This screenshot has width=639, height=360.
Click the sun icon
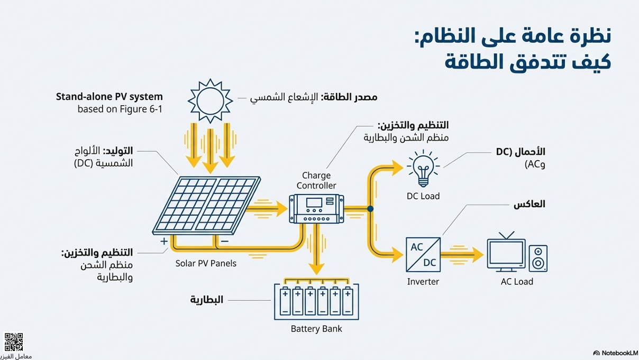pyautogui.click(x=210, y=100)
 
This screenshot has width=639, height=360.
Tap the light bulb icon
pyautogui.click(x=423, y=168)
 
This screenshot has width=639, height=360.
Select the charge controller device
pyautogui.click(x=316, y=209)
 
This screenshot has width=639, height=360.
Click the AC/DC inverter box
pyautogui.click(x=423, y=255)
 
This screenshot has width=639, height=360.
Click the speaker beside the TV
pyautogui.click(x=538, y=259)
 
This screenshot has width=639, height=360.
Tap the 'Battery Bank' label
pyautogui.click(x=316, y=329)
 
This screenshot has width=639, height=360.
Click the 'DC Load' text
pyautogui.click(x=423, y=196)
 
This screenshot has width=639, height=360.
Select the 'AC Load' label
pyautogui.click(x=517, y=282)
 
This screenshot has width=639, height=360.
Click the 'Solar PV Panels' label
pyautogui.click(x=206, y=263)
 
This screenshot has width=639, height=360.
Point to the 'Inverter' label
pyautogui.click(x=423, y=282)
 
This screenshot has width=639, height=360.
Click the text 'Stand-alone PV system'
pyautogui.click(x=109, y=97)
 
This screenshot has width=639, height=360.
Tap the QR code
pyautogui.click(x=14, y=342)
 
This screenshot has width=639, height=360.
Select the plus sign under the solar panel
pyautogui.click(x=165, y=241)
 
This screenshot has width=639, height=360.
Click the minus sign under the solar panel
pyautogui.click(x=224, y=241)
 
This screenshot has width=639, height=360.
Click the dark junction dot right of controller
pyautogui.click(x=370, y=209)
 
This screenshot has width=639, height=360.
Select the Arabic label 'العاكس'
pyautogui.click(x=529, y=204)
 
